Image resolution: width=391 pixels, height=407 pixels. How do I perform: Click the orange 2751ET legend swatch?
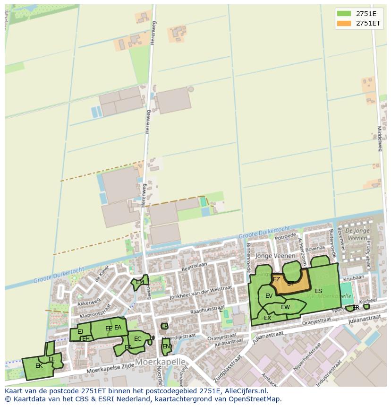point(344,23)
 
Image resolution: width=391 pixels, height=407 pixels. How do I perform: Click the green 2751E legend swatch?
point(344,13)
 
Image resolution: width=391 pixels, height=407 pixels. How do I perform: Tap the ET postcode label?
point(290,284)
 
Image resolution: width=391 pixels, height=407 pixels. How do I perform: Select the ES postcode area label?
point(319,291)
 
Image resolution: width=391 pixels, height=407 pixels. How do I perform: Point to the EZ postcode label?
point(277,279)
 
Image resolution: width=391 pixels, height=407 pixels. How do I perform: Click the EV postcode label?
point(269,296)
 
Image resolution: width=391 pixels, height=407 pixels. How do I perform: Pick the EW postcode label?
point(285,307)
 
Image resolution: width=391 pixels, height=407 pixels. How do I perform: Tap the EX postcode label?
point(268,318)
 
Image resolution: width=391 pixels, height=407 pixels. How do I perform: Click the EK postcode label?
point(39,366)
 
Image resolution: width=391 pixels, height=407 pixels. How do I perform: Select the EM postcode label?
point(140,282)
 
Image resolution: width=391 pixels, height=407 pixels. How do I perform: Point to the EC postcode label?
point(138,339)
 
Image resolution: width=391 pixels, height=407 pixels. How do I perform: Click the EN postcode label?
point(166,346)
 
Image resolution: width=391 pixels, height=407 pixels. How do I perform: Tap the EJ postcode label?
point(80,332)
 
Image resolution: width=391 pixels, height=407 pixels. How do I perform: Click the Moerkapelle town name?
point(160,362)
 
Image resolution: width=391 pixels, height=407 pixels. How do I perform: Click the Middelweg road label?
point(379,138)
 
